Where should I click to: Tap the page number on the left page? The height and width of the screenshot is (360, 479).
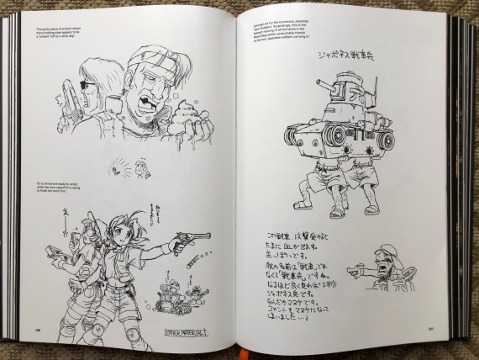coord(38,331)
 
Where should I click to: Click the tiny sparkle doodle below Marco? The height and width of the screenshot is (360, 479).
coord(118,169)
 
